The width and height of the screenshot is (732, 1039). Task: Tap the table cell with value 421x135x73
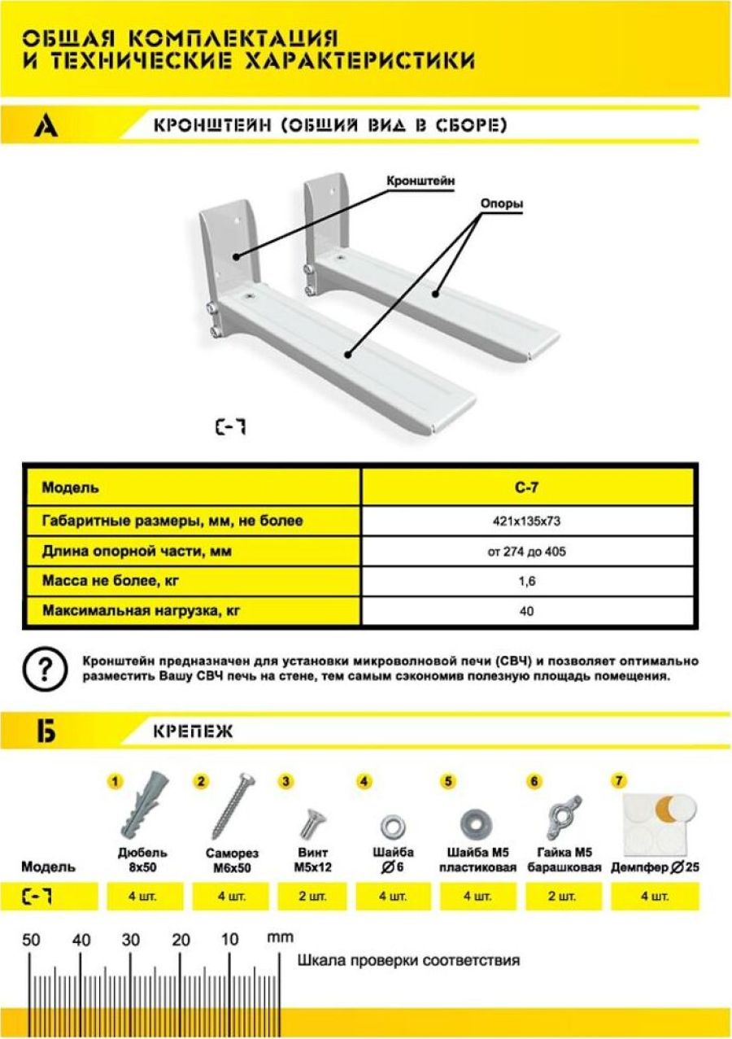527,522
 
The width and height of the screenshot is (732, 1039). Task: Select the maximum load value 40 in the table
527,610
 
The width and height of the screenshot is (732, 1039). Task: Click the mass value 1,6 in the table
527,581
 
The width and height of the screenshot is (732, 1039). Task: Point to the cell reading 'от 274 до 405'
527,552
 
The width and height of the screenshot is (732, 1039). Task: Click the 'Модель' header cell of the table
193,488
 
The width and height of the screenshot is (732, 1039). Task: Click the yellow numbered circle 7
620,781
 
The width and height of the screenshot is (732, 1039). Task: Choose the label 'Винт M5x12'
312,859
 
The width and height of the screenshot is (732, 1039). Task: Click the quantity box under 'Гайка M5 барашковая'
563,897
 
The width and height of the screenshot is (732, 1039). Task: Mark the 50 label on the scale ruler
31,940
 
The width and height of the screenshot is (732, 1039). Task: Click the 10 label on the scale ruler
229,940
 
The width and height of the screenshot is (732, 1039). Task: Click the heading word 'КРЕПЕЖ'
192,731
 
